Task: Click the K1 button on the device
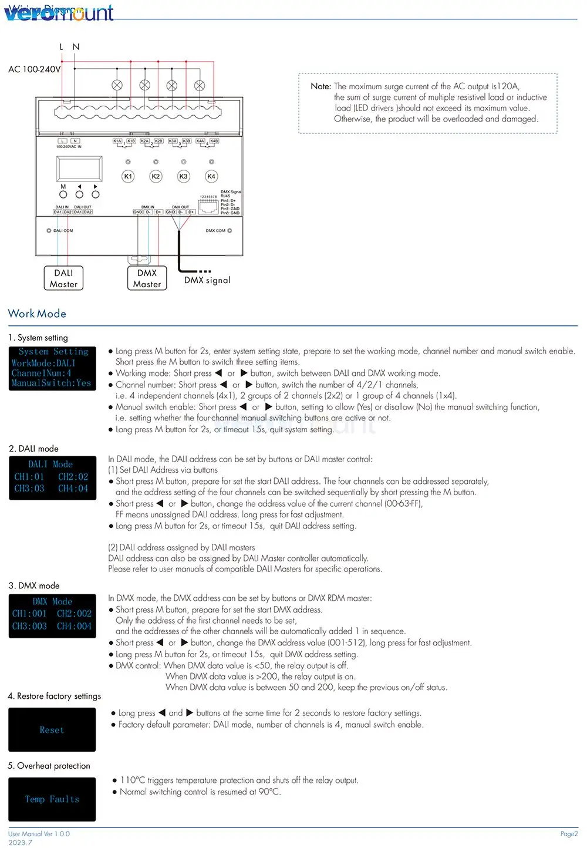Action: tap(128, 176)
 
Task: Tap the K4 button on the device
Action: tap(211, 176)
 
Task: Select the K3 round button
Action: tap(184, 176)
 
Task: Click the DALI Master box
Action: tap(63, 278)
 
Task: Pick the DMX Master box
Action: tap(147, 278)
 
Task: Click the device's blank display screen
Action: tap(79, 169)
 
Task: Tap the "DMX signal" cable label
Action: tap(207, 280)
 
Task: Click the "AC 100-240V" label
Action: tap(34, 69)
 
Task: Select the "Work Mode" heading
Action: tap(37, 314)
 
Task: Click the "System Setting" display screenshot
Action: tap(52, 368)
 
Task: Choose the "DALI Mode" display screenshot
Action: tap(52, 477)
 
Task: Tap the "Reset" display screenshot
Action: tap(52, 730)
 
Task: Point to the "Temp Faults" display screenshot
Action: tap(52, 799)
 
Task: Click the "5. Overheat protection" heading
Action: tap(49, 766)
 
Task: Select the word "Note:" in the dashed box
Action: tap(321, 86)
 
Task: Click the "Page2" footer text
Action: tap(569, 834)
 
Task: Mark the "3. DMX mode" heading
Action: tap(34, 585)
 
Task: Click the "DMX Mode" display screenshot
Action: tap(52, 615)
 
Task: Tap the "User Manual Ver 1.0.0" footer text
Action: tap(39, 834)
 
